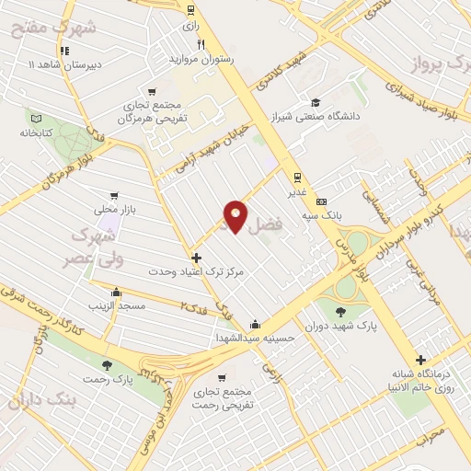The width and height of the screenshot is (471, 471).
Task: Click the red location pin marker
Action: [235, 215]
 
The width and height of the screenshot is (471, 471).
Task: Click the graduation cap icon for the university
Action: [316, 102]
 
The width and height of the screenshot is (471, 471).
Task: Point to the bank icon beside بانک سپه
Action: [320, 201]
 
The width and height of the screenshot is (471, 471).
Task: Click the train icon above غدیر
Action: [296, 177]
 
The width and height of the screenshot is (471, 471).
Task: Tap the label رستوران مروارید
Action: [201, 59]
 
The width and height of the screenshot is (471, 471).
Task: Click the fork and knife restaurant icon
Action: [201, 44]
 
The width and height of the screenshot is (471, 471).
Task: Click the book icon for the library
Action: [37, 118]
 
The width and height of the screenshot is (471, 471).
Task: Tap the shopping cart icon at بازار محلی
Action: [113, 195]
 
